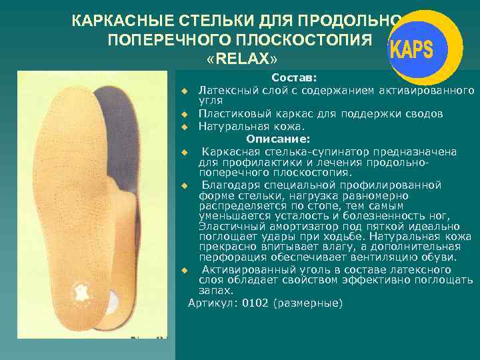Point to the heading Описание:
click(x=278, y=139)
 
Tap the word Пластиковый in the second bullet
click(x=235, y=114)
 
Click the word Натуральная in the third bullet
click(x=233, y=126)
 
